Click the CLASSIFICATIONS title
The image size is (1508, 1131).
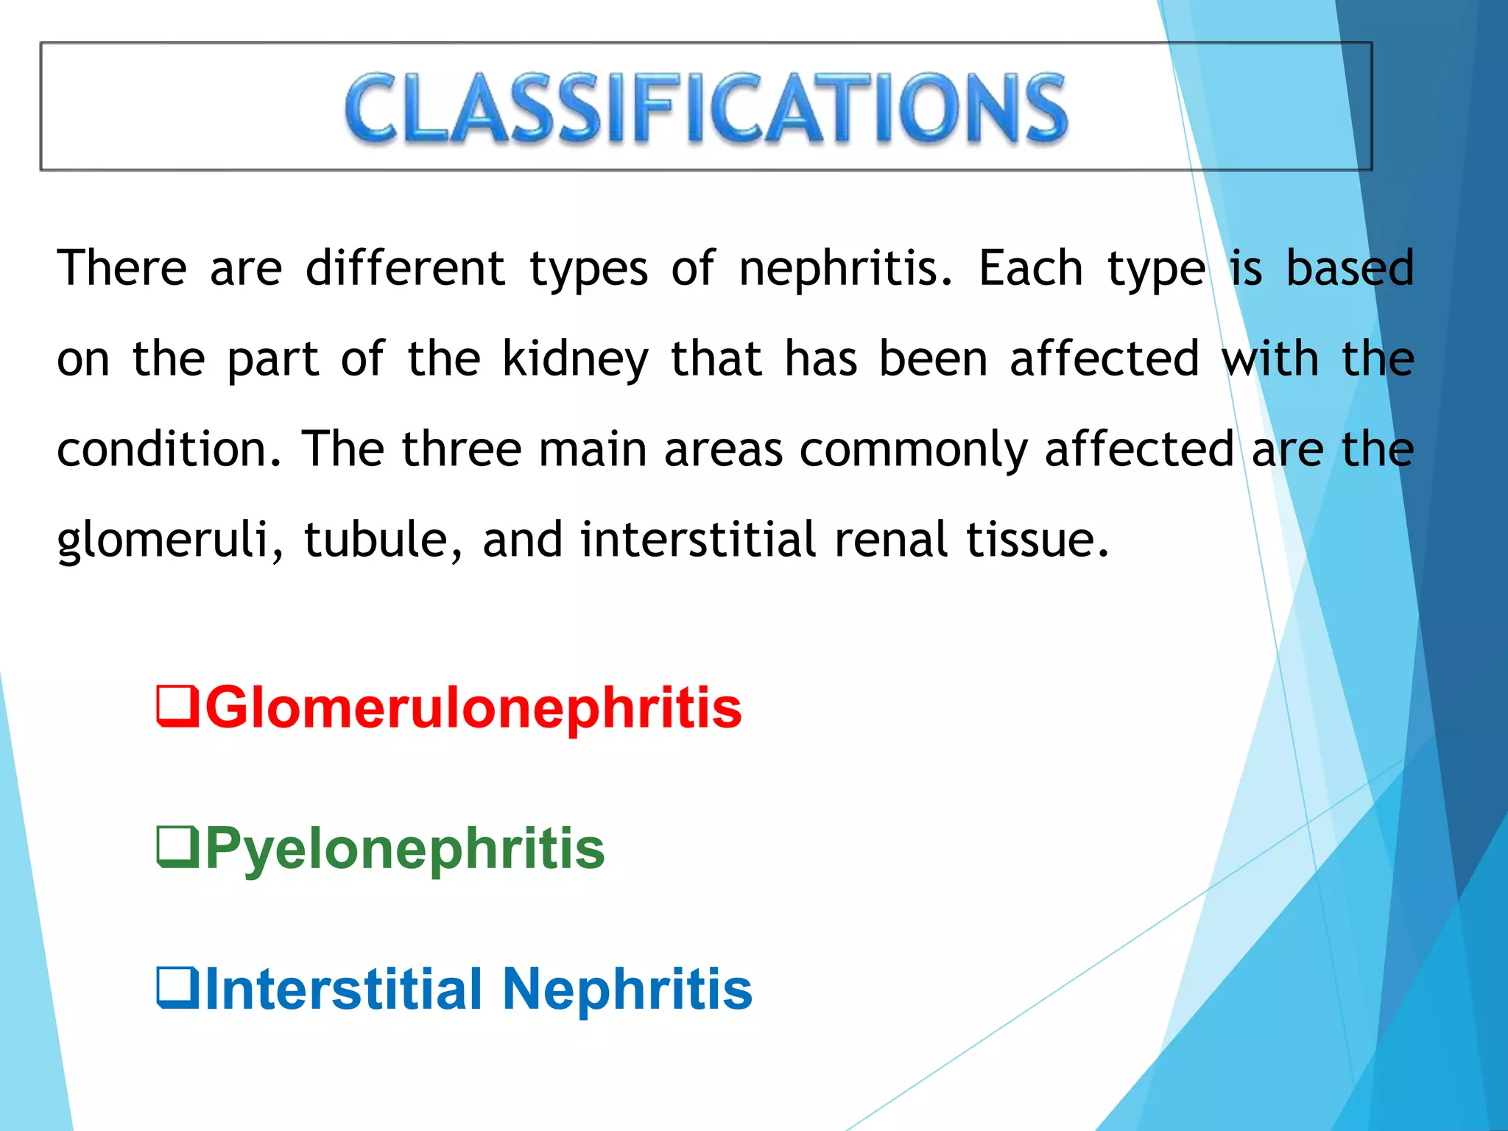[x=705, y=108]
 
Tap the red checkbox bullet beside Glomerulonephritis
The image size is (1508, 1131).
[x=177, y=706]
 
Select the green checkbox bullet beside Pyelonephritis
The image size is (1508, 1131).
[x=177, y=848]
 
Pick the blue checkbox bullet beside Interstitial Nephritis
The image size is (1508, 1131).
[x=177, y=988]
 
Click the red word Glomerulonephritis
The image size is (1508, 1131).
[x=473, y=708]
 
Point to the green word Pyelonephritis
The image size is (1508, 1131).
[x=404, y=849]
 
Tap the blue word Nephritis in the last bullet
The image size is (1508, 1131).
[x=627, y=989]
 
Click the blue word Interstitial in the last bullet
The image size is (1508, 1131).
[x=343, y=989]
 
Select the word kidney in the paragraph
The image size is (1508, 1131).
[x=575, y=359]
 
